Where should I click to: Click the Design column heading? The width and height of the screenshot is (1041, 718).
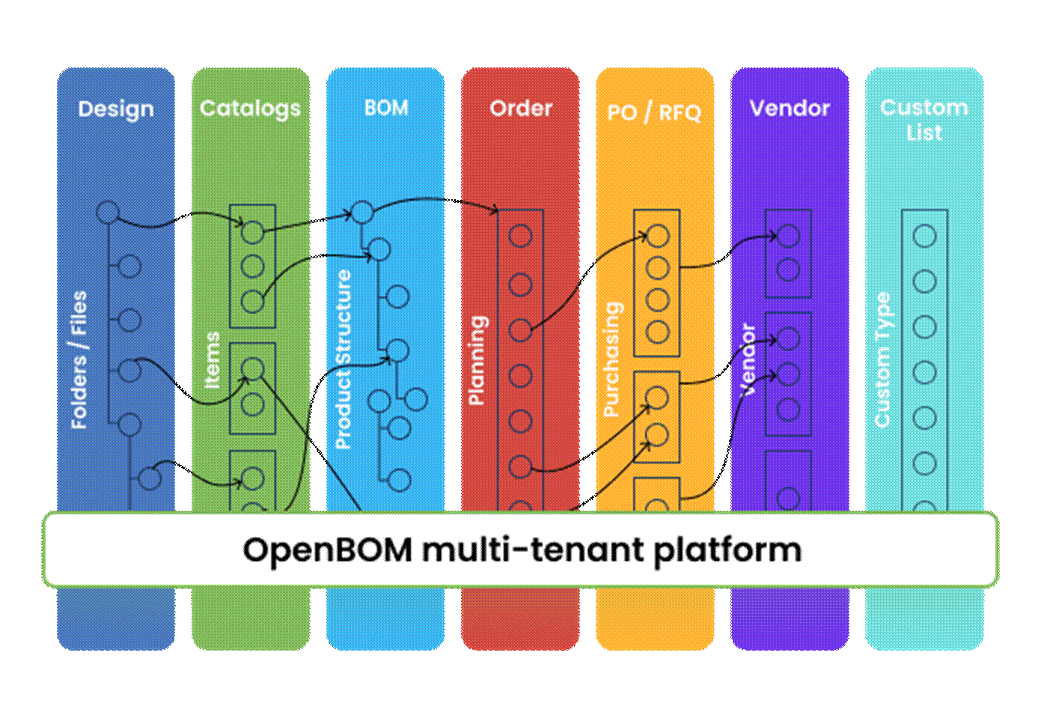(x=116, y=109)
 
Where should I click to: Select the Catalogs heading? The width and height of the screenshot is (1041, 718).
(x=250, y=109)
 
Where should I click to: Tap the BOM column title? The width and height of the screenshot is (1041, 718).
(x=386, y=108)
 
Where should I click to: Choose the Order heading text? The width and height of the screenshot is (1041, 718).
(x=521, y=109)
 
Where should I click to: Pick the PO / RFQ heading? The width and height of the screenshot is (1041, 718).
(x=654, y=112)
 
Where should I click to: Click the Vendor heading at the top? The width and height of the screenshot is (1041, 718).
(x=790, y=109)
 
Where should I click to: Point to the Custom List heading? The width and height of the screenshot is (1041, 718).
(x=924, y=120)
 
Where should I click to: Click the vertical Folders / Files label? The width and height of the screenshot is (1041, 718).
(x=79, y=360)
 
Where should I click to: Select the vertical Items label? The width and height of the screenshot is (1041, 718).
(x=213, y=360)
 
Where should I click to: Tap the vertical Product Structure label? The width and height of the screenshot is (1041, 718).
(x=343, y=359)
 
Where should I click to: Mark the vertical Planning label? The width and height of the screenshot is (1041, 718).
(x=477, y=360)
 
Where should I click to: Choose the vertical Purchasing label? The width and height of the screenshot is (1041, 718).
(x=611, y=359)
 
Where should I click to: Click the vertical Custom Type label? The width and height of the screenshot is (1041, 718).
(x=882, y=360)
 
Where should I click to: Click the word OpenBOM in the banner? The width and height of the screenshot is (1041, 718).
(x=327, y=550)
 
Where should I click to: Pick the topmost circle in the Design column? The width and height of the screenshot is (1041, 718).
(x=108, y=212)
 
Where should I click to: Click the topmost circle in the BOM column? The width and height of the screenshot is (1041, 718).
(x=363, y=212)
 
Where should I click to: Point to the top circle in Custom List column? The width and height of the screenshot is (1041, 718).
(x=925, y=237)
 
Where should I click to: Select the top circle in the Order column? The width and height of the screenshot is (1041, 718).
(x=520, y=237)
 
